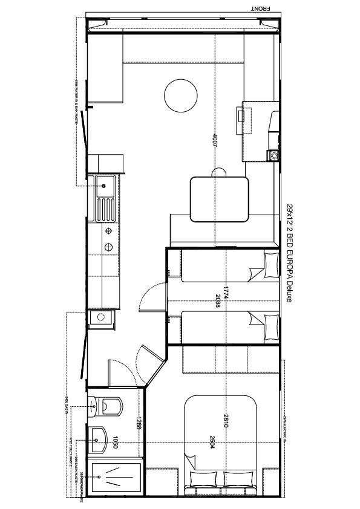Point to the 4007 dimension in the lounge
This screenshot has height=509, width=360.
point(214,140)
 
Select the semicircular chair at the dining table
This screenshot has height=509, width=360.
point(219,173)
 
